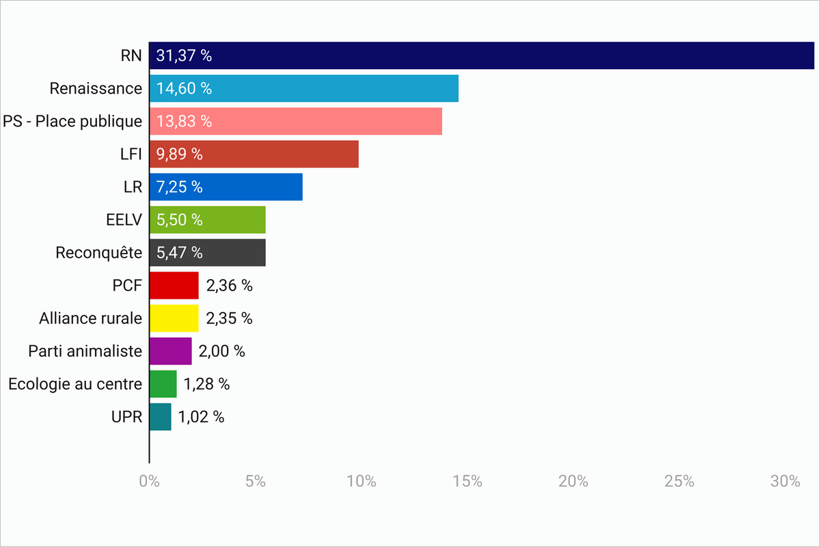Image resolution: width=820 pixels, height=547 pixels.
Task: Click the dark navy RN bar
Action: tap(481, 55)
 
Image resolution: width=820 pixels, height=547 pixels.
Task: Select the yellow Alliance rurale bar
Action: tap(174, 318)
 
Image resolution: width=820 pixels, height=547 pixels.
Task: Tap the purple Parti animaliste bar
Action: tap(170, 351)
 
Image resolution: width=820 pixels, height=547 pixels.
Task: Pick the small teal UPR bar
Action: tap(160, 416)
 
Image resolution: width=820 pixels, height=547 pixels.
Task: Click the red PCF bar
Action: tap(174, 285)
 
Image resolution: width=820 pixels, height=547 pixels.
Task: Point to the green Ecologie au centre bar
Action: tap(163, 384)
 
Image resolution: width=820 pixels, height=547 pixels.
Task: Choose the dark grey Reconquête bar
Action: tap(207, 252)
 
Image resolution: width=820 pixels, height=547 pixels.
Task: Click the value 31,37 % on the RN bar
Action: tap(184, 56)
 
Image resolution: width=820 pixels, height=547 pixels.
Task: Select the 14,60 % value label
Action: tap(184, 89)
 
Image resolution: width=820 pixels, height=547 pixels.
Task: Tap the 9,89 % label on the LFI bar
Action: tap(179, 155)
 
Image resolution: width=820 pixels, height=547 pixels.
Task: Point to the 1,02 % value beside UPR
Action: tap(201, 416)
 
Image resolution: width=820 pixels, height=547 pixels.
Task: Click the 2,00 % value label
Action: tap(221, 351)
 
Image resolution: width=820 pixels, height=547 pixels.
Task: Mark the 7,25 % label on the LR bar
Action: tap(179, 187)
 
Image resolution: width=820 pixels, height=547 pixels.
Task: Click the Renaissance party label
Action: tap(96, 89)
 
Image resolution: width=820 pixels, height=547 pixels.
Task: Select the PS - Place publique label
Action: tap(72, 122)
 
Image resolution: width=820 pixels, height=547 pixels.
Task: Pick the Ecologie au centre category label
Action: tap(75, 384)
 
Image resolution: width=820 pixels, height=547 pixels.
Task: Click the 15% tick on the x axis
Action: tap(467, 481)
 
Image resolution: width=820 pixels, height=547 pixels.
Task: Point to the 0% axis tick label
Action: tap(149, 481)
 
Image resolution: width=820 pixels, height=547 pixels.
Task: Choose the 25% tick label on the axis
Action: tap(679, 481)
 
